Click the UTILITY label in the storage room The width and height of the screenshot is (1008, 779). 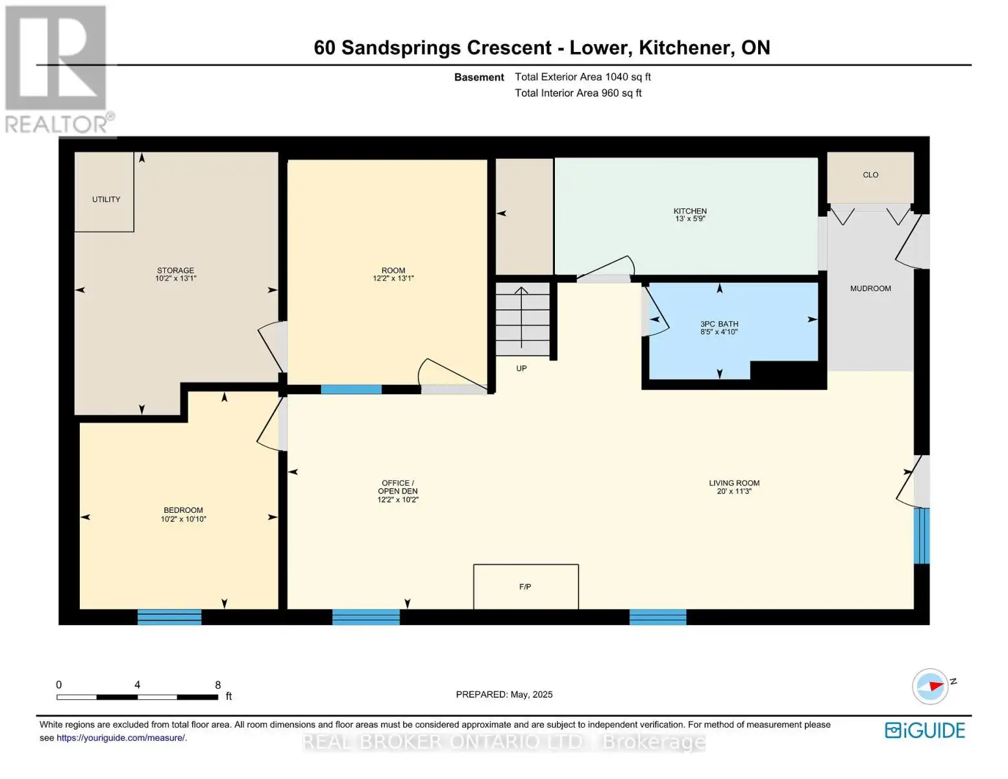[106, 199]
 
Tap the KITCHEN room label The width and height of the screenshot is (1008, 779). [690, 211]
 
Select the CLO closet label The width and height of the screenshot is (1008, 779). [870, 175]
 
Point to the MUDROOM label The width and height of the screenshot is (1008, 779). [870, 289]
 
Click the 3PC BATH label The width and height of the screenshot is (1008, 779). [719, 324]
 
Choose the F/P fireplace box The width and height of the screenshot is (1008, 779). [526, 586]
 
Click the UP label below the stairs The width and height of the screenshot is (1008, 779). [521, 368]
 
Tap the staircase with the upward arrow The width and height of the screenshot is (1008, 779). [522, 319]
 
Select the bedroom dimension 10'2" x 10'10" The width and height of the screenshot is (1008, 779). [183, 519]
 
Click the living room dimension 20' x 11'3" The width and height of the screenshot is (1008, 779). [734, 491]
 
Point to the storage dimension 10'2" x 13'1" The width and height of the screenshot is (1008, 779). [175, 278]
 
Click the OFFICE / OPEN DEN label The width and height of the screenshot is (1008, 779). [397, 487]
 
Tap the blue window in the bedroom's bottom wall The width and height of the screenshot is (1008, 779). [169, 617]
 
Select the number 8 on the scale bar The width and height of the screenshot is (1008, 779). [217, 685]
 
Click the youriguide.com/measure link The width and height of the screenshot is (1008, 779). [121, 737]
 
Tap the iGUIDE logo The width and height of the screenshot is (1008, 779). [925, 730]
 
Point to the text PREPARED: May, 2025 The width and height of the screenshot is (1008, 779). [504, 695]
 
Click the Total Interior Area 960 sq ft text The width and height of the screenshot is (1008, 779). [578, 93]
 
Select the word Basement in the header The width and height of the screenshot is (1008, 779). [479, 77]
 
